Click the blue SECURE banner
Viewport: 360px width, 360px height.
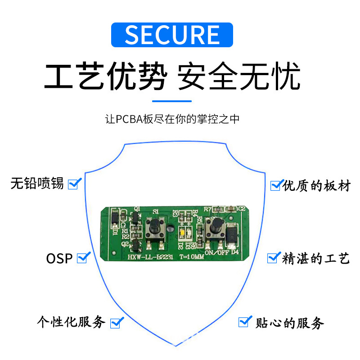tap(172, 35)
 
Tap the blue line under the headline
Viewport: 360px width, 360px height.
tap(172, 101)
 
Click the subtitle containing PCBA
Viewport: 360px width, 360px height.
tap(172, 119)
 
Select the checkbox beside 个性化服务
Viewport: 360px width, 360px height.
tap(117, 322)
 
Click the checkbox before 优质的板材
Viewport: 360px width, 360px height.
tap(276, 184)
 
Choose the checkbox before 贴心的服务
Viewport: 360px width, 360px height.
tap(245, 321)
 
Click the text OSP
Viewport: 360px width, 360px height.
tap(59, 259)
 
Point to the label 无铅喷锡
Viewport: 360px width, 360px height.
tap(37, 184)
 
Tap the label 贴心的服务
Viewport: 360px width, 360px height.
tap(290, 323)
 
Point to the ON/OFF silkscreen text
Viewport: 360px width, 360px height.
tap(216, 252)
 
